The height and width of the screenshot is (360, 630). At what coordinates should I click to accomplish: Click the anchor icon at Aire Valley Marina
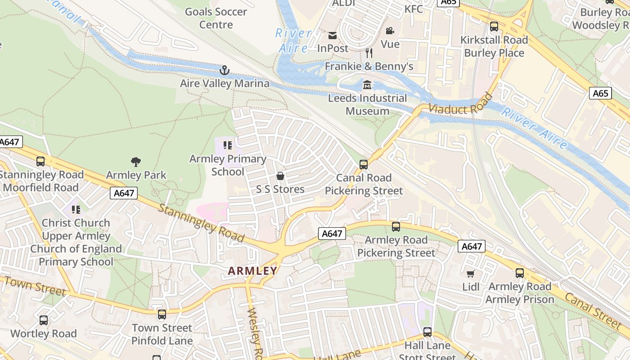click(x=224, y=70)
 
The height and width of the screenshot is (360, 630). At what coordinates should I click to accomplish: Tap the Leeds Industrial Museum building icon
click(x=367, y=85)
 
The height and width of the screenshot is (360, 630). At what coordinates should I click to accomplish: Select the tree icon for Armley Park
click(x=135, y=162)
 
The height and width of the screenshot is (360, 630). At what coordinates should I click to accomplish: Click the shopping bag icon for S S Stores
click(x=280, y=176)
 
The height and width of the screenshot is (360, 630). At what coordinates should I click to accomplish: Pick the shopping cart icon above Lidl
click(x=471, y=274)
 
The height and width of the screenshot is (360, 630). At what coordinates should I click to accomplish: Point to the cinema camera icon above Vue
click(x=390, y=31)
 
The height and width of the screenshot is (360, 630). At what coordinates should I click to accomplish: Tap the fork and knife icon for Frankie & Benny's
click(x=369, y=53)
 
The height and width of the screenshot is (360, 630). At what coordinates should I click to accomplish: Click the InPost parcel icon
click(x=333, y=35)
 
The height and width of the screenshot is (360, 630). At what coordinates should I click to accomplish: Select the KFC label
click(x=414, y=9)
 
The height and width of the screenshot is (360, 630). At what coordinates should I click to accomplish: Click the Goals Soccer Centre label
click(x=216, y=18)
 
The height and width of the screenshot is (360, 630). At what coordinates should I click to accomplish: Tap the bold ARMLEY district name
click(x=252, y=271)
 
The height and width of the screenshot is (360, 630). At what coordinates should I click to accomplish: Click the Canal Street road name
click(x=593, y=310)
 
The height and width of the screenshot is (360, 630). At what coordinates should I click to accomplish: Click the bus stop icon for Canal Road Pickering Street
click(x=364, y=164)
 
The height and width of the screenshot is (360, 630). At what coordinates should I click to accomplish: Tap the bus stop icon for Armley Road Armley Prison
click(x=520, y=273)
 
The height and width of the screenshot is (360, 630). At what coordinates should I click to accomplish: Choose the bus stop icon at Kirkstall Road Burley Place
click(x=494, y=27)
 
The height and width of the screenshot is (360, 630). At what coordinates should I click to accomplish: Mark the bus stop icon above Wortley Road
click(x=44, y=320)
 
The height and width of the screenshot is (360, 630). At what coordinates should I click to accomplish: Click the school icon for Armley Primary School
click(x=228, y=145)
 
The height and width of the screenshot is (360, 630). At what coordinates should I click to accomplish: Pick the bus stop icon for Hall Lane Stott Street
click(x=427, y=332)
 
